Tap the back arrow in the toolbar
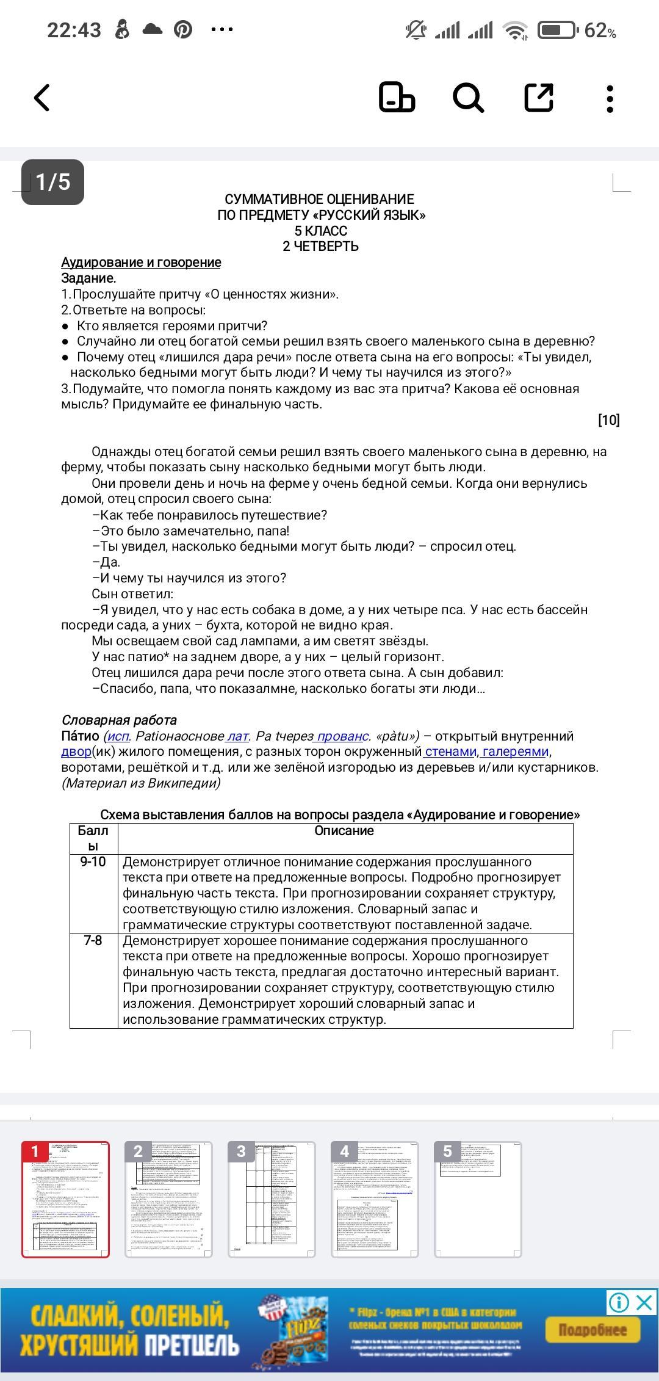(41, 98)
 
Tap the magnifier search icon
(468, 98)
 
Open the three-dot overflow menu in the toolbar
(610, 98)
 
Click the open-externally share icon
(539, 98)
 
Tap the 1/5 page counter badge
(52, 182)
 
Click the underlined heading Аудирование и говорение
(141, 263)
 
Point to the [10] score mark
(608, 420)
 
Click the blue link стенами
(450, 752)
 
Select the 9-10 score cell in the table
(93, 862)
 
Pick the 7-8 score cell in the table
(93, 941)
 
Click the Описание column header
(344, 831)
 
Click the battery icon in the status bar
(557, 30)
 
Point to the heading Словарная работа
(119, 720)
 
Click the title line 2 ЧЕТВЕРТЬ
(321, 247)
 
